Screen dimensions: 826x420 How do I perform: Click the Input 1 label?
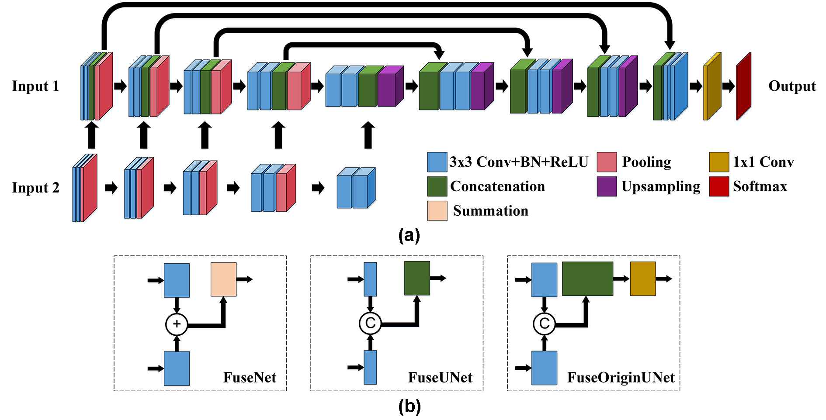[35, 86]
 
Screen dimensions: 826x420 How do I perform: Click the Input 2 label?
[35, 188]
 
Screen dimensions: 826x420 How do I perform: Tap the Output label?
[792, 86]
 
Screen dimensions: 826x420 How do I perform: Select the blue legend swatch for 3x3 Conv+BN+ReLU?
[437, 162]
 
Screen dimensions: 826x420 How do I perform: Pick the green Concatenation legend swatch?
[437, 186]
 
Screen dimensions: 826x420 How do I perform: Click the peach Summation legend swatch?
[437, 211]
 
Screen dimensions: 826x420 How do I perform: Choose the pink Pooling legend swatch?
[607, 162]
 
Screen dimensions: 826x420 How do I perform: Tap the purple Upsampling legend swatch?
[607, 186]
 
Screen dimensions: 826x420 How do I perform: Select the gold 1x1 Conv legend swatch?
[719, 162]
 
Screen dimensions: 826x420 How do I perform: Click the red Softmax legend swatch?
[719, 186]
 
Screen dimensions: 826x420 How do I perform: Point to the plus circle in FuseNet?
[177, 324]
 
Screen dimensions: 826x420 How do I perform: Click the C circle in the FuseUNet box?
[370, 324]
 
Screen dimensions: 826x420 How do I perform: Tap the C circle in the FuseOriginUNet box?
[544, 324]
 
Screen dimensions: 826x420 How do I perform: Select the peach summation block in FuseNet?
[224, 279]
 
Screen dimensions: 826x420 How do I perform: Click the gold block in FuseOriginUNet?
[643, 279]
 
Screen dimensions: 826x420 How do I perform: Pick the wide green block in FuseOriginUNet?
[587, 279]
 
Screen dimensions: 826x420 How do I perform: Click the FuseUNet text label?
[440, 377]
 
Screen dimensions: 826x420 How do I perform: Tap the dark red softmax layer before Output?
[743, 86]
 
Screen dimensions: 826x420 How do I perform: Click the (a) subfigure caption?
[410, 235]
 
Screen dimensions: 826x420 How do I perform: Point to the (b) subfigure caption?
[410, 406]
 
